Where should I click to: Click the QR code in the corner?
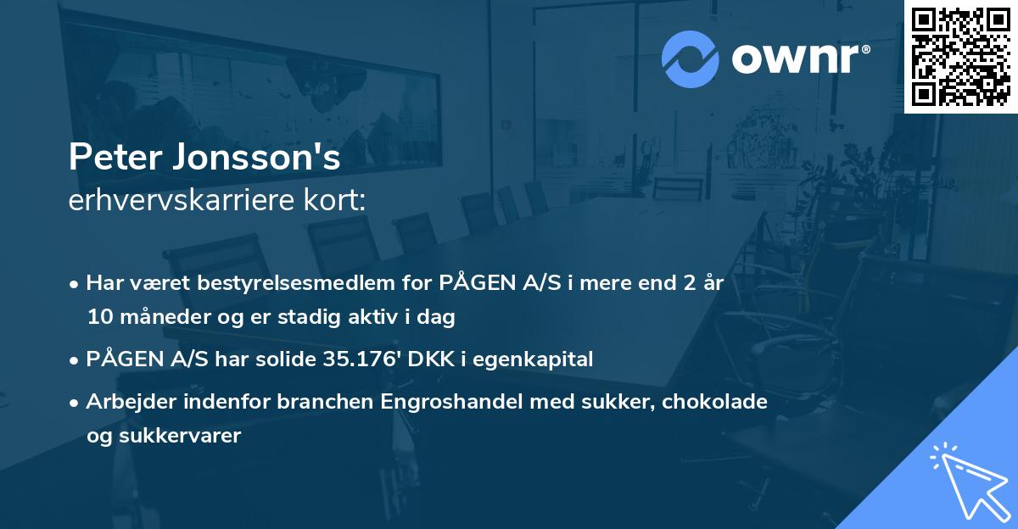[x=960, y=55]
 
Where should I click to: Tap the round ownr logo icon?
[x=691, y=58]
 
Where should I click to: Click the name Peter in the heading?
[x=109, y=159]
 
